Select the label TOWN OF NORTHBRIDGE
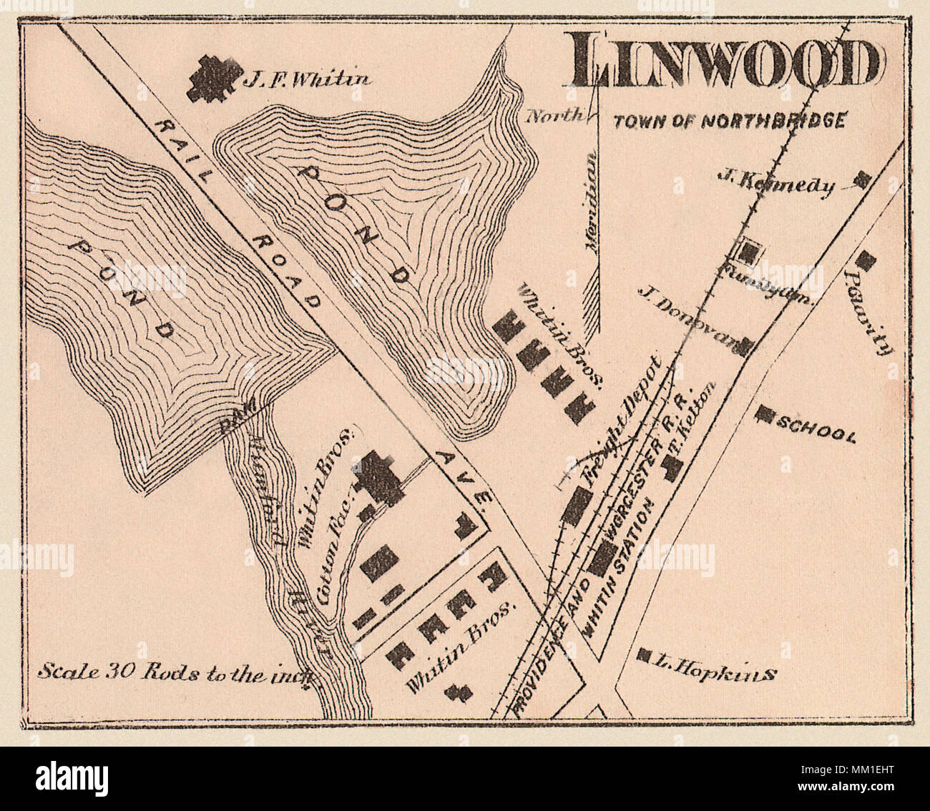point(730,121)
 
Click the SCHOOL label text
point(816,429)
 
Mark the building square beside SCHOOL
point(766,414)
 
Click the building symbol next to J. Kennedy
point(863,180)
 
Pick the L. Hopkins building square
point(643,654)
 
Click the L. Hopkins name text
point(715,672)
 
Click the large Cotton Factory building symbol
point(378,479)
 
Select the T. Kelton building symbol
point(672,466)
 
